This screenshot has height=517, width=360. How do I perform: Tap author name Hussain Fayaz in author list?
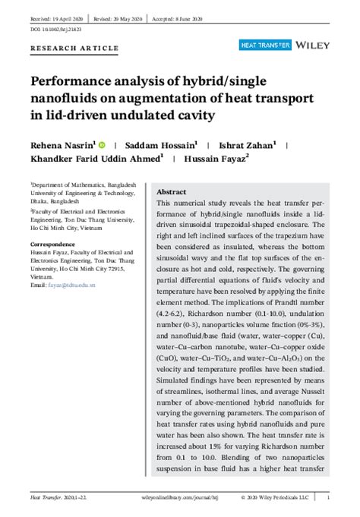coord(215,158)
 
